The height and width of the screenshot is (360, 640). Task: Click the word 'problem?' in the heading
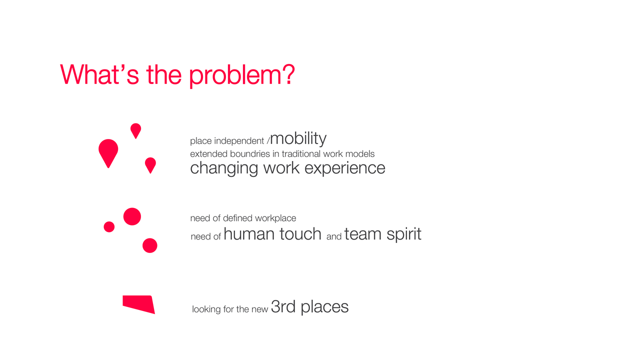click(x=242, y=75)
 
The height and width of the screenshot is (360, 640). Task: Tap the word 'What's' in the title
click(x=99, y=74)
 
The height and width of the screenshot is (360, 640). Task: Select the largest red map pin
click(x=108, y=153)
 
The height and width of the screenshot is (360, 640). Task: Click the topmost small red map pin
click(x=135, y=131)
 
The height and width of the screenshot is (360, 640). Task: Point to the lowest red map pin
click(x=150, y=165)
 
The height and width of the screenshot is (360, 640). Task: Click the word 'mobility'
click(x=298, y=139)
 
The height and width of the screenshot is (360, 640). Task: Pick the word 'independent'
click(x=239, y=141)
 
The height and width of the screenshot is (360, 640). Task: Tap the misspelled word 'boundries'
click(x=250, y=154)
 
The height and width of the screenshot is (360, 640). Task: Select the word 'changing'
click(x=224, y=168)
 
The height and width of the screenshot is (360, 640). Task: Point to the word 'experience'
click(x=345, y=168)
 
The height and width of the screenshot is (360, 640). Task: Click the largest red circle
click(x=132, y=216)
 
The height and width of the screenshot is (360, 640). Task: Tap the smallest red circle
click(x=109, y=227)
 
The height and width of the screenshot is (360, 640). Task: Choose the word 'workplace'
click(x=275, y=218)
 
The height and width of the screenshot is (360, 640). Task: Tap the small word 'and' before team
click(x=334, y=236)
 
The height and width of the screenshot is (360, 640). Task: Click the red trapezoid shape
click(x=139, y=304)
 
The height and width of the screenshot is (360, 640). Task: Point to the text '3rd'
click(x=283, y=306)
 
